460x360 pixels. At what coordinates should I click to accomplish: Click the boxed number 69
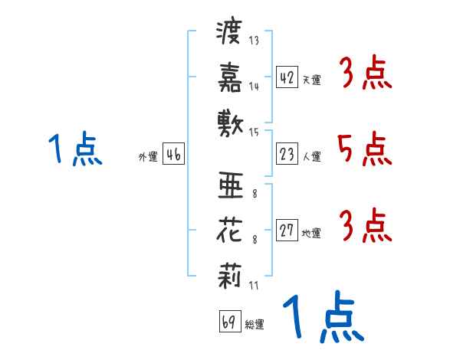point(228,322)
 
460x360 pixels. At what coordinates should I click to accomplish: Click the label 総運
point(255,325)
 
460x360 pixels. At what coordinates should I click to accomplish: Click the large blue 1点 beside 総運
point(323,318)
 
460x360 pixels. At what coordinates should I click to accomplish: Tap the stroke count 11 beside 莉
point(254,286)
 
